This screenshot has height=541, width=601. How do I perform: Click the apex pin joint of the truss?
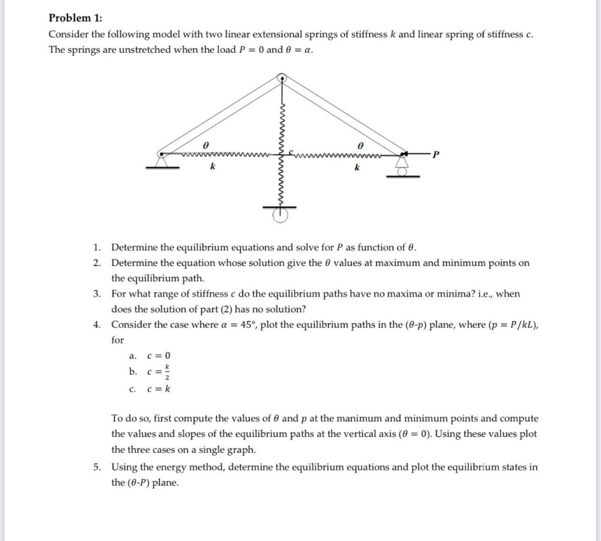[282, 78]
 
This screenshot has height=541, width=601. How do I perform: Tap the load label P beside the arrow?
[434, 155]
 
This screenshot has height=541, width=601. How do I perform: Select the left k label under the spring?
[212, 167]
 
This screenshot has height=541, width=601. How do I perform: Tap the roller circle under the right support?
[403, 172]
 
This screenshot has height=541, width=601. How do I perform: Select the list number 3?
[97, 293]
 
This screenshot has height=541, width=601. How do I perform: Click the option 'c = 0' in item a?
[158, 356]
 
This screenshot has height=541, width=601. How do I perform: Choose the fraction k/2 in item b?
[167, 371]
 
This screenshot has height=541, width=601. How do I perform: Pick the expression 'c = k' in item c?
[158, 388]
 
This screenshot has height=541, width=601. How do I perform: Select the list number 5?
[97, 468]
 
